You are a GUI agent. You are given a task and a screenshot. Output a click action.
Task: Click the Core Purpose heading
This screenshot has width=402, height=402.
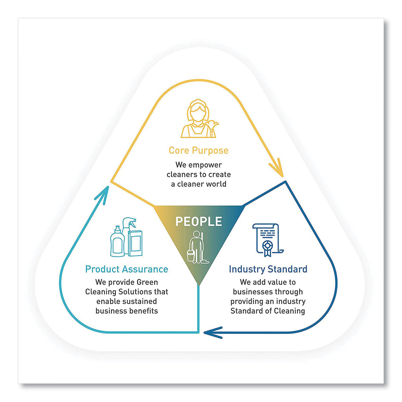198,150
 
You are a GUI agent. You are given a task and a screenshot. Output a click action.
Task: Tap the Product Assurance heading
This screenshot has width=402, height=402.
126,269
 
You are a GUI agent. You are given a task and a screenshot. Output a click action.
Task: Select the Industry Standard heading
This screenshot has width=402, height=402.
268,269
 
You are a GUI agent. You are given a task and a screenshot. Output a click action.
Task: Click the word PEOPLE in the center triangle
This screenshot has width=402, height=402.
198,221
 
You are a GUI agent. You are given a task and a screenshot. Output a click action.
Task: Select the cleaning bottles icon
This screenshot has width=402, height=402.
126,238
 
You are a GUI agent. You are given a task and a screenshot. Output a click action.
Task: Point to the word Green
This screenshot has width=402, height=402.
147,282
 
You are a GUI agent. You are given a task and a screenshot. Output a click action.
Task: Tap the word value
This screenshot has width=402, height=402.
270,282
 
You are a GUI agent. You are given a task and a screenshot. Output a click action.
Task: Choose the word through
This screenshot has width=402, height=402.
288,292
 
